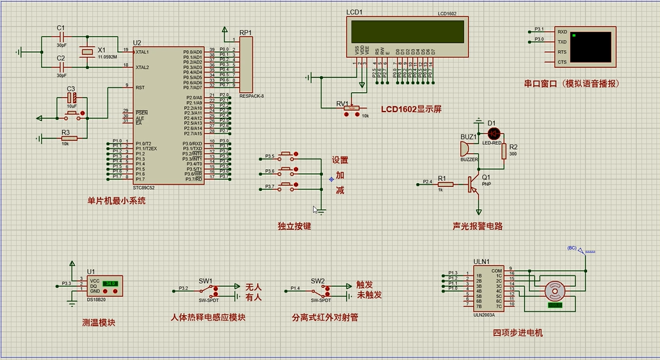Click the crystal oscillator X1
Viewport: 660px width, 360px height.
pos(85,51)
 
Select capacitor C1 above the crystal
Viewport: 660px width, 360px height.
pos(61,37)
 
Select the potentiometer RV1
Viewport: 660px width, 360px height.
pos(351,109)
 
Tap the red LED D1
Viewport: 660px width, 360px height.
pos(494,133)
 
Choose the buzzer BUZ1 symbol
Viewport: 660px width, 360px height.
pos(465,149)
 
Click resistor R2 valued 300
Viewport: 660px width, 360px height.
pos(504,151)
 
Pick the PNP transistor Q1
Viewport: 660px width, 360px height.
pos(474,184)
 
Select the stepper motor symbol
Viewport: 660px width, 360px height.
pos(554,291)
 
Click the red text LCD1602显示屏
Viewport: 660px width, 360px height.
pos(411,109)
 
